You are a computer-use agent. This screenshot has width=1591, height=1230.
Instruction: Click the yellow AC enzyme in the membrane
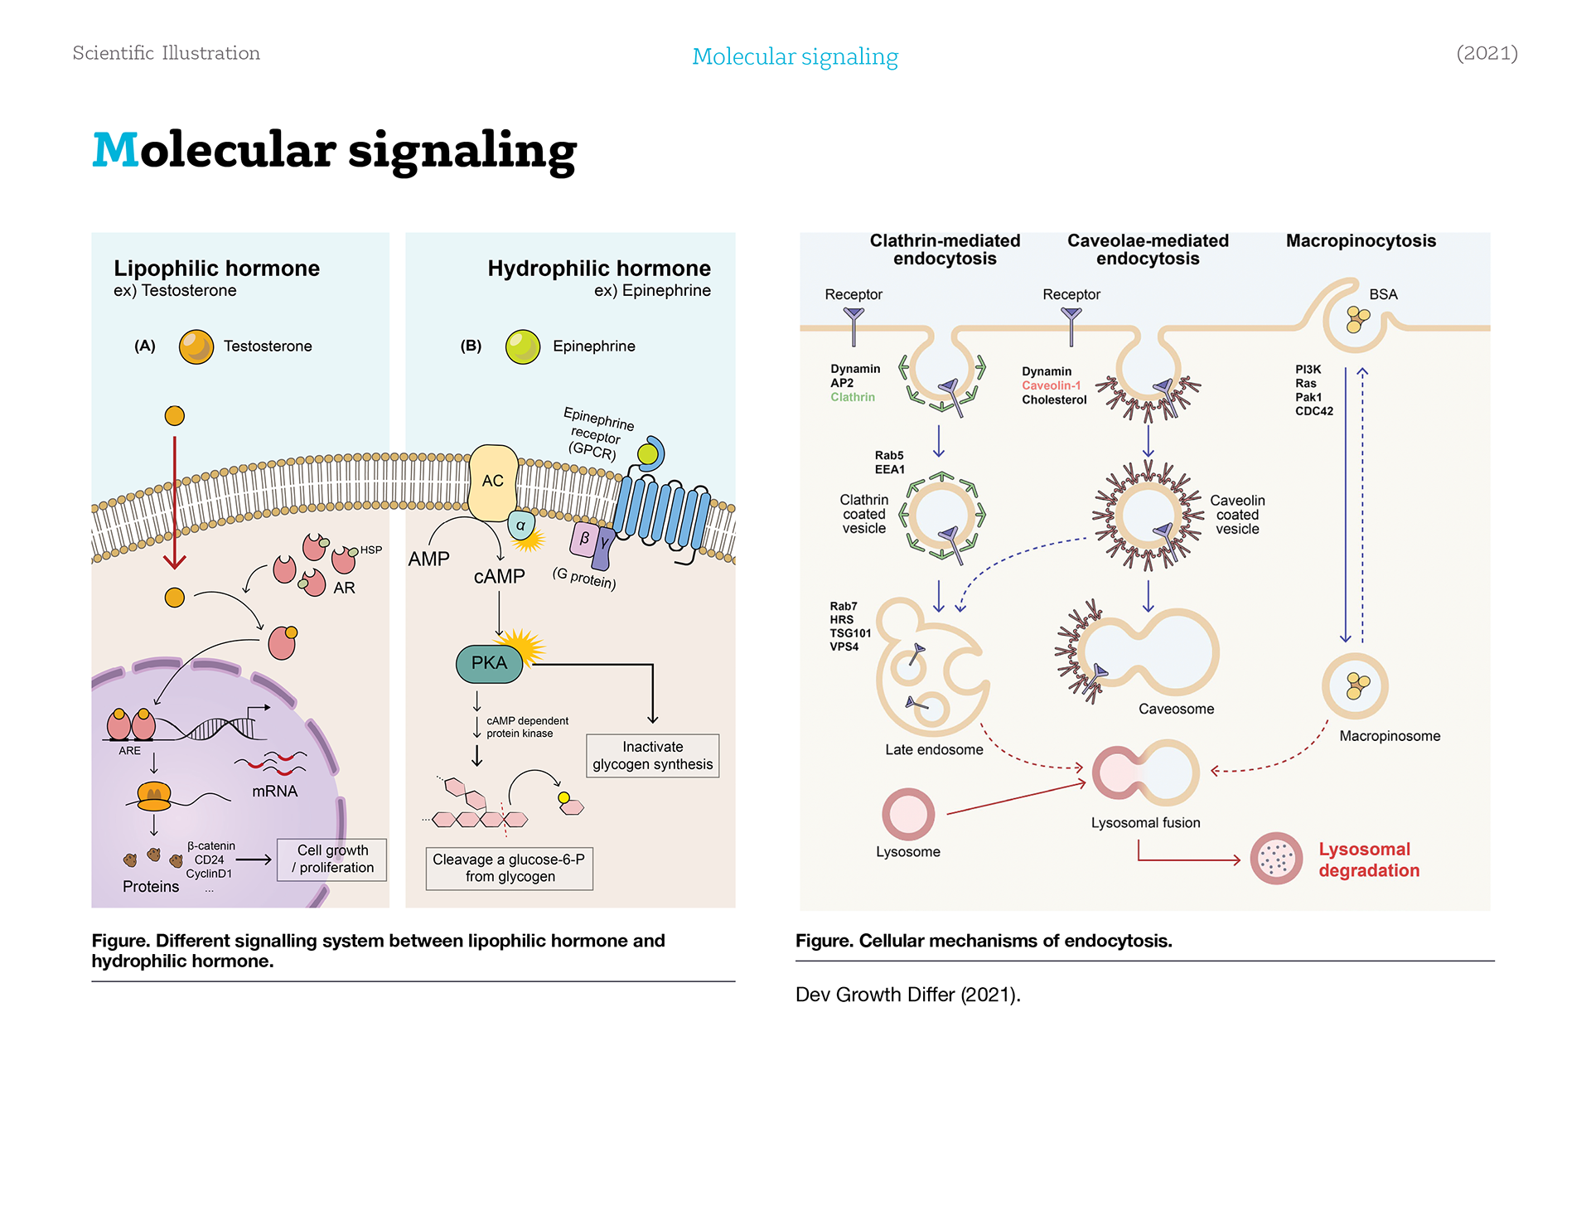[x=493, y=482]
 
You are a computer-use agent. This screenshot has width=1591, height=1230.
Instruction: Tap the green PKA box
[x=489, y=663]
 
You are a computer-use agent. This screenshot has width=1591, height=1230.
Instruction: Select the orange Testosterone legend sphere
[x=196, y=346]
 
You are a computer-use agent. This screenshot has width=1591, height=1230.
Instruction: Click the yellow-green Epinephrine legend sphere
[x=523, y=346]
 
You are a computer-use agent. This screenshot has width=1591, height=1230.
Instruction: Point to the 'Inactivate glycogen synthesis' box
[x=653, y=756]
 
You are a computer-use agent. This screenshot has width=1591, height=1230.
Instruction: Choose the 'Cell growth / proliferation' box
[x=332, y=860]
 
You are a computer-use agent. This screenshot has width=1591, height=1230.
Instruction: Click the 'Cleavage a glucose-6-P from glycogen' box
[x=510, y=869]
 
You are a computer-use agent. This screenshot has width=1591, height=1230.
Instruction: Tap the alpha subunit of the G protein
[x=520, y=525]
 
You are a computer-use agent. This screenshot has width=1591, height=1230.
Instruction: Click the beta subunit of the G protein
[x=584, y=538]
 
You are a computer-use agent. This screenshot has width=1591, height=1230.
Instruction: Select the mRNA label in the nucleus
[x=275, y=792]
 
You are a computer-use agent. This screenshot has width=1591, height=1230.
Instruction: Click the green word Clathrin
[x=853, y=397]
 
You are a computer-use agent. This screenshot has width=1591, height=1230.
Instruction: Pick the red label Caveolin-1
[x=1052, y=385]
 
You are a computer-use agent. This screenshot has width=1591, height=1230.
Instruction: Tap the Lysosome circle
[x=908, y=814]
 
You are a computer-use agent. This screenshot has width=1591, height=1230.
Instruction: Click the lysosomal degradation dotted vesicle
[x=1276, y=859]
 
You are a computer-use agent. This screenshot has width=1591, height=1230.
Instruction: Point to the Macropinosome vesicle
[x=1355, y=686]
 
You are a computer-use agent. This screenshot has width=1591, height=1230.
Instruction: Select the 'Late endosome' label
[x=934, y=750]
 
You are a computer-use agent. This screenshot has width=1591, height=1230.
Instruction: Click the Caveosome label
[x=1176, y=709]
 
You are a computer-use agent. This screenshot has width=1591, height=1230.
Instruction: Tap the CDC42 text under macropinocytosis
[x=1314, y=411]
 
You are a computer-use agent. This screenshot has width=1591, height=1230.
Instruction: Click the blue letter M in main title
[x=116, y=150]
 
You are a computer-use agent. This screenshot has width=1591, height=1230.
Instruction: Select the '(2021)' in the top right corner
[x=1487, y=53]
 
